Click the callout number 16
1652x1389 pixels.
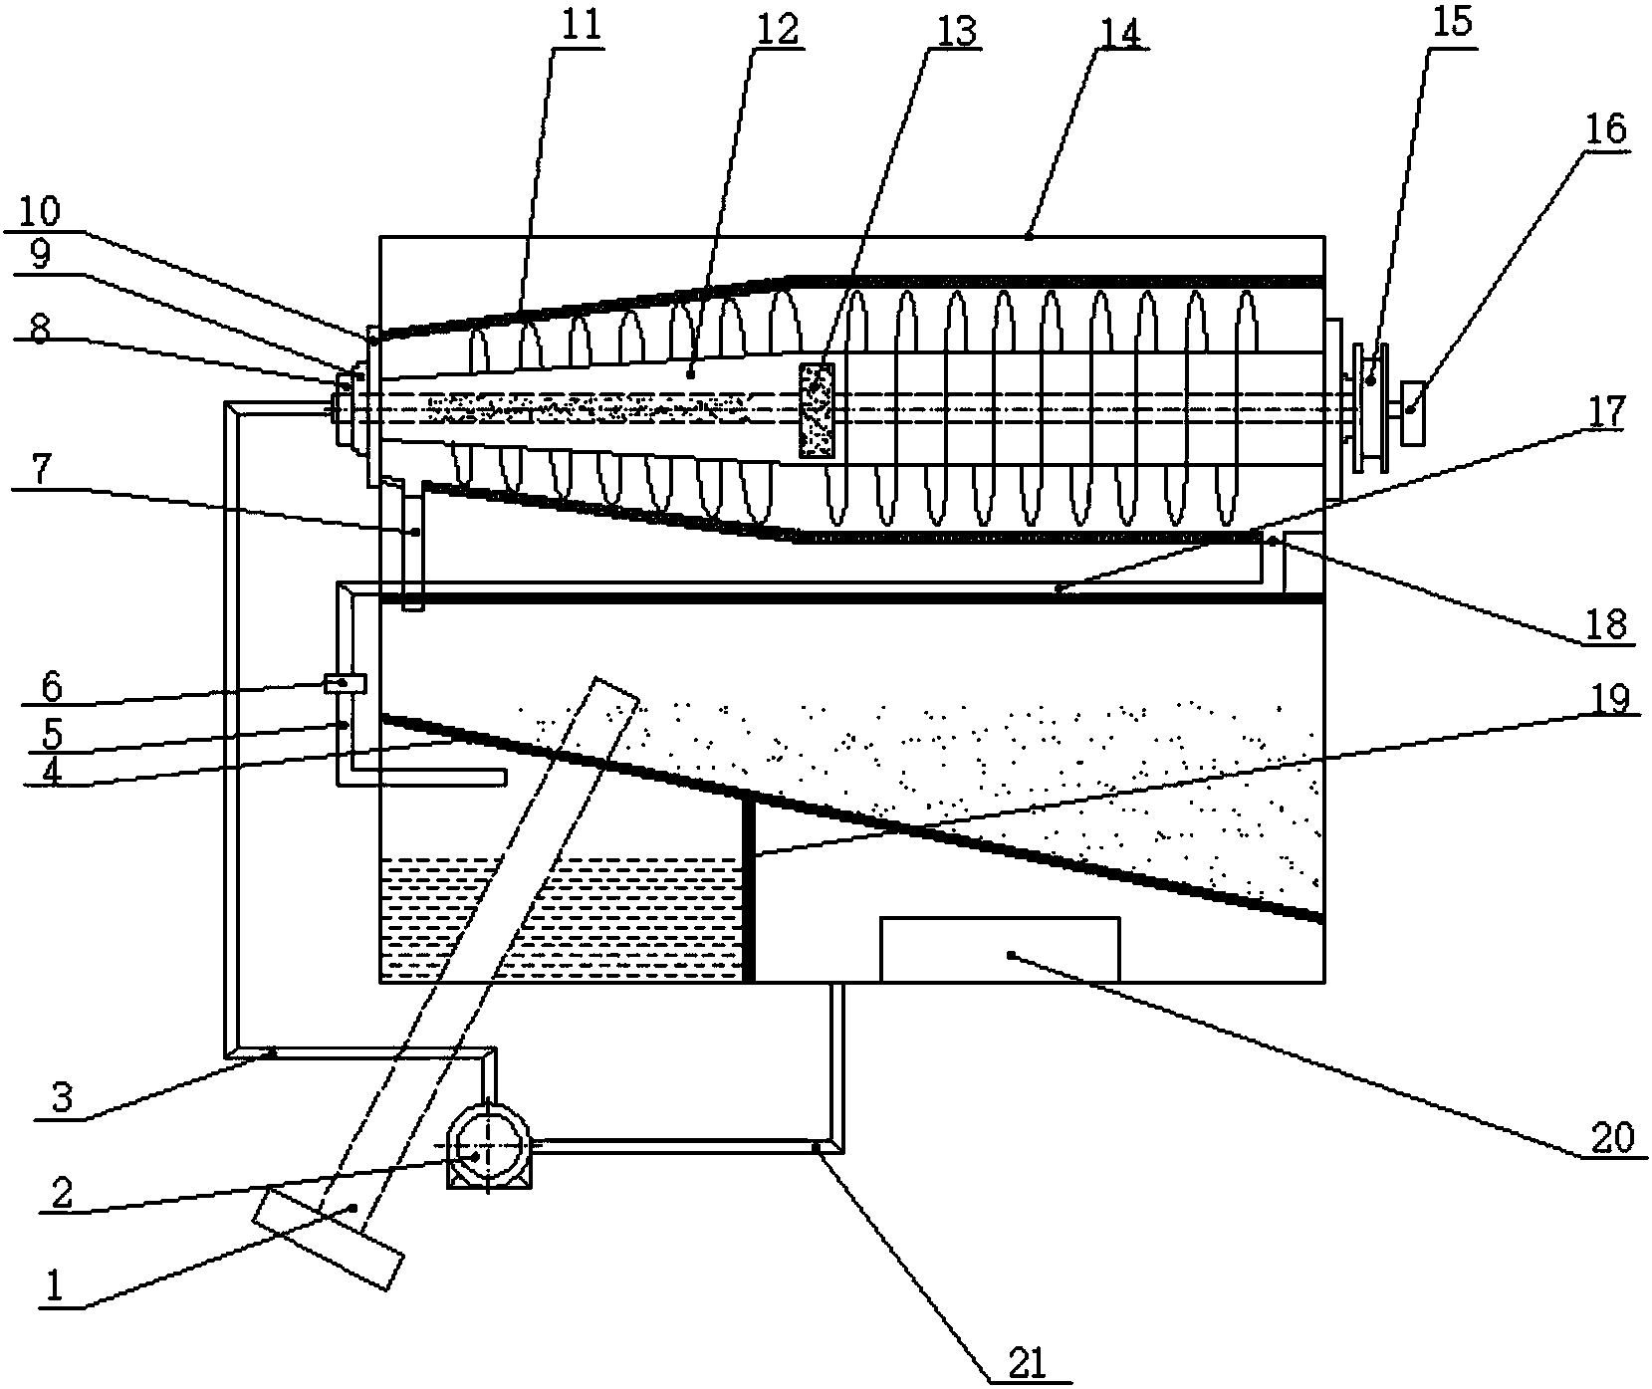pos(1609,130)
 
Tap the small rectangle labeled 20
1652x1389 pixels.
pos(1000,948)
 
